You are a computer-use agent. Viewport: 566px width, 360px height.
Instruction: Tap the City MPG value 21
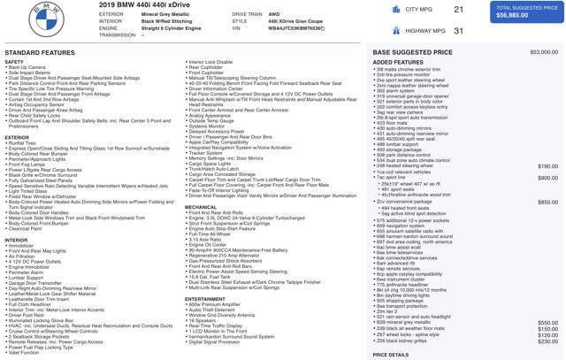pyautogui.click(x=458, y=10)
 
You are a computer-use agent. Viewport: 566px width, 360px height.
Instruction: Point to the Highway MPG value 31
pyautogui.click(x=458, y=31)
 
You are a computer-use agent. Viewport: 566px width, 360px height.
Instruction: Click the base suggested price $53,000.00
pyautogui.click(x=544, y=52)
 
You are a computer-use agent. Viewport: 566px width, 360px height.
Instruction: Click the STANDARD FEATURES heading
pyautogui.click(x=41, y=53)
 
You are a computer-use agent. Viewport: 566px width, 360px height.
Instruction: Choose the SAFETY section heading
pyautogui.click(x=14, y=62)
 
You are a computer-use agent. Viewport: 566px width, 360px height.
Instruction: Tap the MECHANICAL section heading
pyautogui.click(x=201, y=207)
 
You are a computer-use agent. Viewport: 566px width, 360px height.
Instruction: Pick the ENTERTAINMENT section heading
pyautogui.click(x=205, y=299)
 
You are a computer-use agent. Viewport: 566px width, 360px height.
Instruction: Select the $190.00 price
pyautogui.click(x=547, y=165)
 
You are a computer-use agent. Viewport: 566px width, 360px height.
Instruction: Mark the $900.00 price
pyautogui.click(x=547, y=178)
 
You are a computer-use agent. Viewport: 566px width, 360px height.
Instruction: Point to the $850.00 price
pyautogui.click(x=547, y=202)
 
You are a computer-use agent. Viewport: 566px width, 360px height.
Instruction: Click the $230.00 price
pyautogui.click(x=547, y=341)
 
